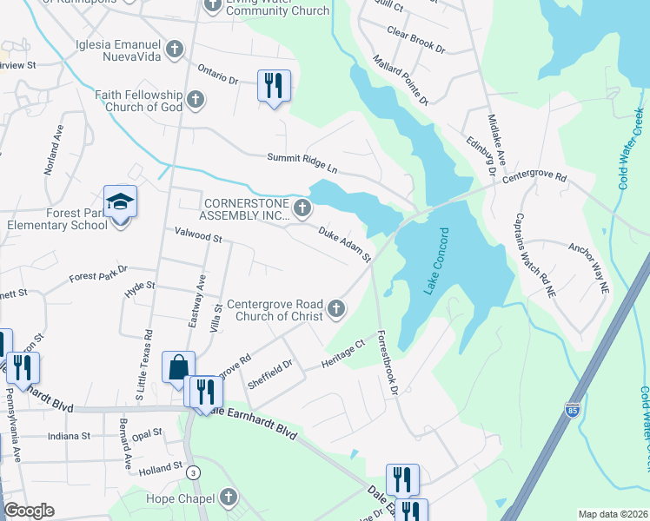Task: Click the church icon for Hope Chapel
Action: [228, 498]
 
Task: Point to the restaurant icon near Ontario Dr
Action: [274, 86]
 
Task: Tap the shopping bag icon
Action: [178, 366]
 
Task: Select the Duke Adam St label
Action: [345, 245]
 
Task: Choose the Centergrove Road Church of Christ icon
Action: [335, 308]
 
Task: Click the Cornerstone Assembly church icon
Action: [302, 208]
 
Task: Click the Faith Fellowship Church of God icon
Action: [195, 99]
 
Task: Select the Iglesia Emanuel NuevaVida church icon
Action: [176, 49]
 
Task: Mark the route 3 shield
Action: [192, 472]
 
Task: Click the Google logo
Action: [29, 511]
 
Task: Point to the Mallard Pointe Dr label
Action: [401, 78]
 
